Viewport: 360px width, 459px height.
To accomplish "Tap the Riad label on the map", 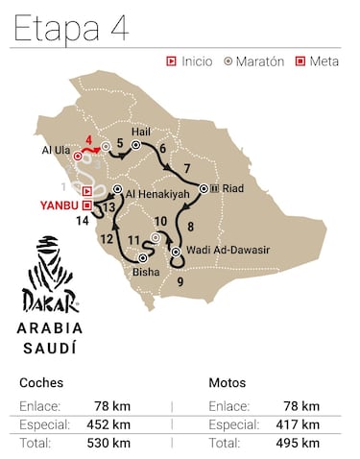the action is [x=231, y=188].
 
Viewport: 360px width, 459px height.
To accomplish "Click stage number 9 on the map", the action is [x=180, y=281].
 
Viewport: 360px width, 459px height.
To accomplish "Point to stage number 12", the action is [x=107, y=238].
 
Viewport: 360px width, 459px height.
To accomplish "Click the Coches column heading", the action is [x=42, y=381].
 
